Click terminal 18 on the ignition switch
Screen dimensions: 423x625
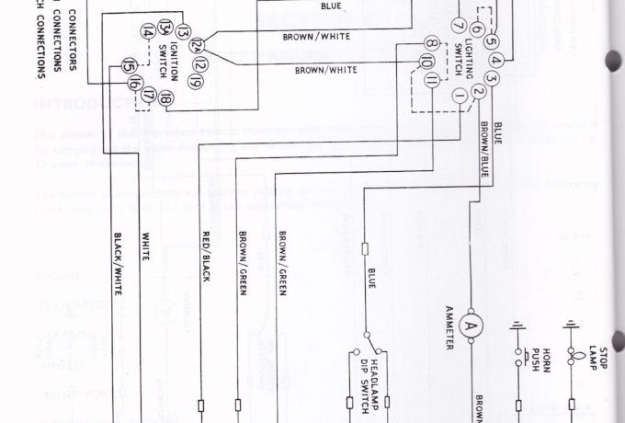165,98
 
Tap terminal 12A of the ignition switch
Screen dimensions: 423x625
195,45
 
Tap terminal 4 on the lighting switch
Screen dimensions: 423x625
496,61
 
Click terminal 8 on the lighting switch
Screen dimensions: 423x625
430,43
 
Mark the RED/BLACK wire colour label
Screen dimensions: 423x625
207,257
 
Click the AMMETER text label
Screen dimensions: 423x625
450,327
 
